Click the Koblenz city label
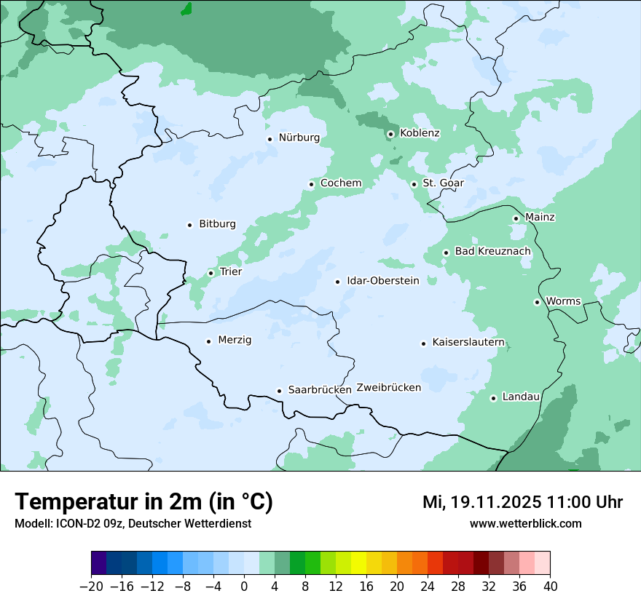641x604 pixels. point(420,133)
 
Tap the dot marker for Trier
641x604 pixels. point(211,273)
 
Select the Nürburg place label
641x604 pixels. point(299,137)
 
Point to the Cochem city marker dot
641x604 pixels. point(311,184)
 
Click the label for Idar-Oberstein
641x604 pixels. point(383,281)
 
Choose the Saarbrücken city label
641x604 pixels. point(320,390)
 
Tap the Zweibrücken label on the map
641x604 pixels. point(388,388)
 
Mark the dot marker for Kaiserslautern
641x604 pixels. point(423,343)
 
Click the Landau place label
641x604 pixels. point(521,397)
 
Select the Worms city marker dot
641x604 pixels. point(537,302)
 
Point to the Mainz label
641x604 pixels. point(540,218)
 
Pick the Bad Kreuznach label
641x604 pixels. point(492,251)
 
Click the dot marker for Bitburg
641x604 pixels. point(189,225)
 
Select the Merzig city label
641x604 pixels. point(235,341)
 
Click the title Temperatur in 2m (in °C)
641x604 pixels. point(143,502)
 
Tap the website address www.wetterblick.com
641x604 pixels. point(525,524)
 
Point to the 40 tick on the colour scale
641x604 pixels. point(550,587)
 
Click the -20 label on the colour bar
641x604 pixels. point(91,587)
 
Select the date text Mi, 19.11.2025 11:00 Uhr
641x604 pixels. point(522,502)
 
